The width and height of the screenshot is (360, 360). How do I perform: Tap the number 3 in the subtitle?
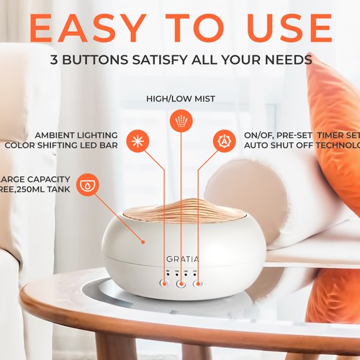click(x=55, y=60)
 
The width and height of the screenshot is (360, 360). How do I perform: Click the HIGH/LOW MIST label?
click(x=179, y=98)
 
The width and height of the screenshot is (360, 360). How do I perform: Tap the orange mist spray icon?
click(x=180, y=120)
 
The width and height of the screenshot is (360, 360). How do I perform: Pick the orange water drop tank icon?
click(x=88, y=183)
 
